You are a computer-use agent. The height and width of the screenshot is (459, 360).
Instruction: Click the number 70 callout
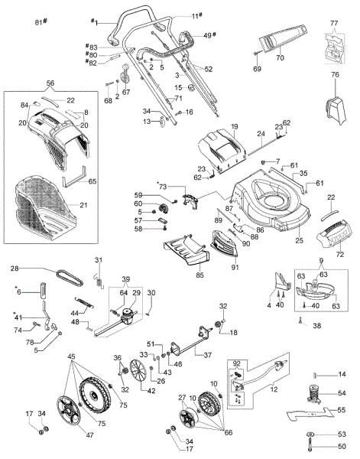pyautogui.click(x=279, y=57)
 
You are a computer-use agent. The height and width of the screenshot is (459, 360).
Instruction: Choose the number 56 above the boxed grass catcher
pyautogui.click(x=50, y=82)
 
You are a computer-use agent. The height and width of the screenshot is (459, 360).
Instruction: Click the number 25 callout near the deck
pyautogui.click(x=299, y=240)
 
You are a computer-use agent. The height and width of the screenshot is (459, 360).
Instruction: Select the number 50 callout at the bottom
pyautogui.click(x=342, y=446)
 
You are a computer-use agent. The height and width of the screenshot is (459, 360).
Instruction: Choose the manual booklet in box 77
pyautogui.click(x=332, y=50)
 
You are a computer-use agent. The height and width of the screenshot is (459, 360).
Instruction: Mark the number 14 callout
pyautogui.click(x=342, y=374)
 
